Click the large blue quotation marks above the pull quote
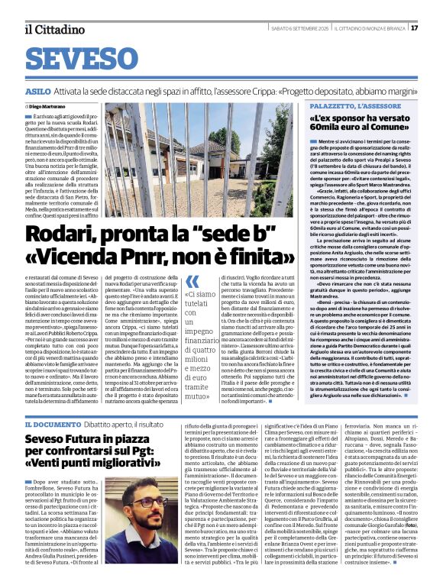pos(192,280)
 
